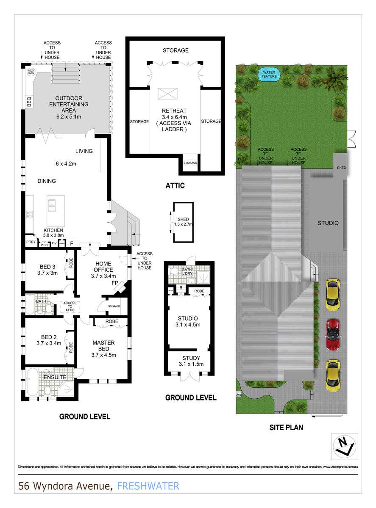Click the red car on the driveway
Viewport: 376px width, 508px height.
point(333,334)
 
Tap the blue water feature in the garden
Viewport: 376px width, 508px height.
point(267,75)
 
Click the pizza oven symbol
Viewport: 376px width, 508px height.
point(31,72)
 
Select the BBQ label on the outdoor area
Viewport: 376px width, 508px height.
point(29,102)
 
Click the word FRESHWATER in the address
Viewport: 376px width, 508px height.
point(148,486)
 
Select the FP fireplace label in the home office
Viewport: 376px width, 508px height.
point(114,283)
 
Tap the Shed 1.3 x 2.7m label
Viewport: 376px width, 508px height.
point(183,221)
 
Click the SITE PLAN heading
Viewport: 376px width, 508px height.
point(287,428)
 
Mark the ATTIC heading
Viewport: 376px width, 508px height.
point(175,186)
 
